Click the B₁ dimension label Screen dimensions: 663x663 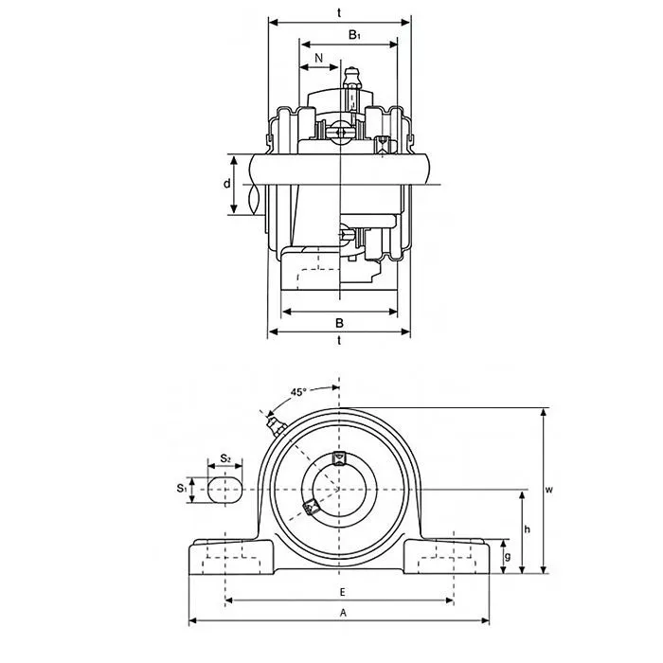coord(354,35)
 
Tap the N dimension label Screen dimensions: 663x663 coord(319,58)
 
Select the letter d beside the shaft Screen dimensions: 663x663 coord(227,184)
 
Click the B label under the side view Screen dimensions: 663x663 coord(339,323)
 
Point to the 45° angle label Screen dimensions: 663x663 coord(298,392)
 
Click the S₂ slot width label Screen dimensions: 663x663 coord(225,457)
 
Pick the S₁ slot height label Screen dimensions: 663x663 coord(182,489)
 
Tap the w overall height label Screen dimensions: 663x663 coord(548,490)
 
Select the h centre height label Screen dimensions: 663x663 coord(527,529)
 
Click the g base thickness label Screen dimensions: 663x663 coord(508,556)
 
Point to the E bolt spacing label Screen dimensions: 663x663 coord(343,592)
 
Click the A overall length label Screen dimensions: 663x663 coord(343,612)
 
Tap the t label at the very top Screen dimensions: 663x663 coord(339,13)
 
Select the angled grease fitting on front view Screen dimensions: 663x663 coord(277,425)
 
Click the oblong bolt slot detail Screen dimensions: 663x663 coord(225,490)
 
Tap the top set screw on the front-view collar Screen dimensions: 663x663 coord(339,458)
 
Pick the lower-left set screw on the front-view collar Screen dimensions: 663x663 coord(312,506)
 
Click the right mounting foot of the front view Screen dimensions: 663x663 coord(446,557)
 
